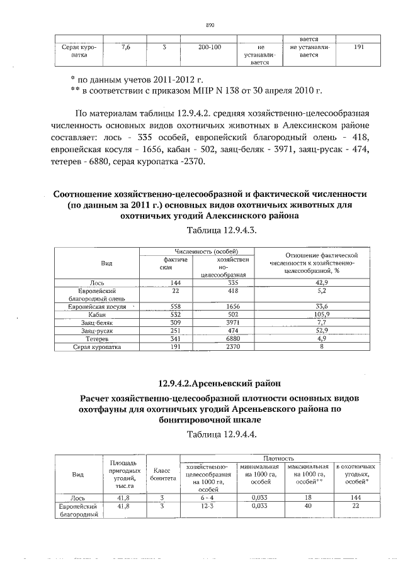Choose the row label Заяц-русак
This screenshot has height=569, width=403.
96,330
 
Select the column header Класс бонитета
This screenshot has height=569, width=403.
162,474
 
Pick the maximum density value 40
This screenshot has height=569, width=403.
308,505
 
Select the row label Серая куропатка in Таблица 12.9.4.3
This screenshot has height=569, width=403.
96,346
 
